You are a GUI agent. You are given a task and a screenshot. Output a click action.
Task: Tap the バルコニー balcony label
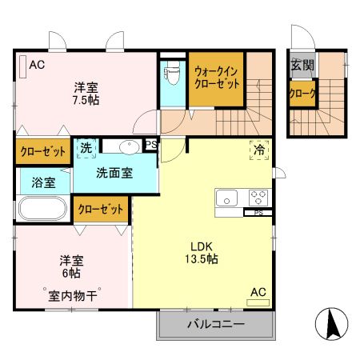point(216,324)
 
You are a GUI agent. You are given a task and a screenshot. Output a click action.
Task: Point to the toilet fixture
point(170,77)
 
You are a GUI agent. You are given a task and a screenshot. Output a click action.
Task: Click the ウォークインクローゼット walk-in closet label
point(216,78)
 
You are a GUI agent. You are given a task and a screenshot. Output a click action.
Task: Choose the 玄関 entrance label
point(302,66)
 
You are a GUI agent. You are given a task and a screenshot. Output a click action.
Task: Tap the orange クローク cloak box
point(302,94)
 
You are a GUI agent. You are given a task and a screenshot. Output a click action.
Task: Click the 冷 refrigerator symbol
point(259,150)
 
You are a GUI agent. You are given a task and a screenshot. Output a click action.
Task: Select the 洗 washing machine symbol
point(85,148)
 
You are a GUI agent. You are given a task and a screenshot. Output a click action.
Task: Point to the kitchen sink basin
point(225,197)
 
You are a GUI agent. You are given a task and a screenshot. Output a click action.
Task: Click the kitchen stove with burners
point(258,197)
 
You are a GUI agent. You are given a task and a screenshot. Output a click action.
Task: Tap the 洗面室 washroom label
point(114,172)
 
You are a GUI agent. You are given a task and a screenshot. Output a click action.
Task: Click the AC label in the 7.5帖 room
point(38,66)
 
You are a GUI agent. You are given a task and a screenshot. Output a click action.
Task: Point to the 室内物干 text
point(70,295)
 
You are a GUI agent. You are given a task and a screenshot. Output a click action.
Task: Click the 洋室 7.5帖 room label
point(87,94)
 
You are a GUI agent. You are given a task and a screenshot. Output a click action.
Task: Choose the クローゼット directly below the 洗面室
point(101,210)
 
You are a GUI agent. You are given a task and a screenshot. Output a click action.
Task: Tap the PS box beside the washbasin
point(150,145)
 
